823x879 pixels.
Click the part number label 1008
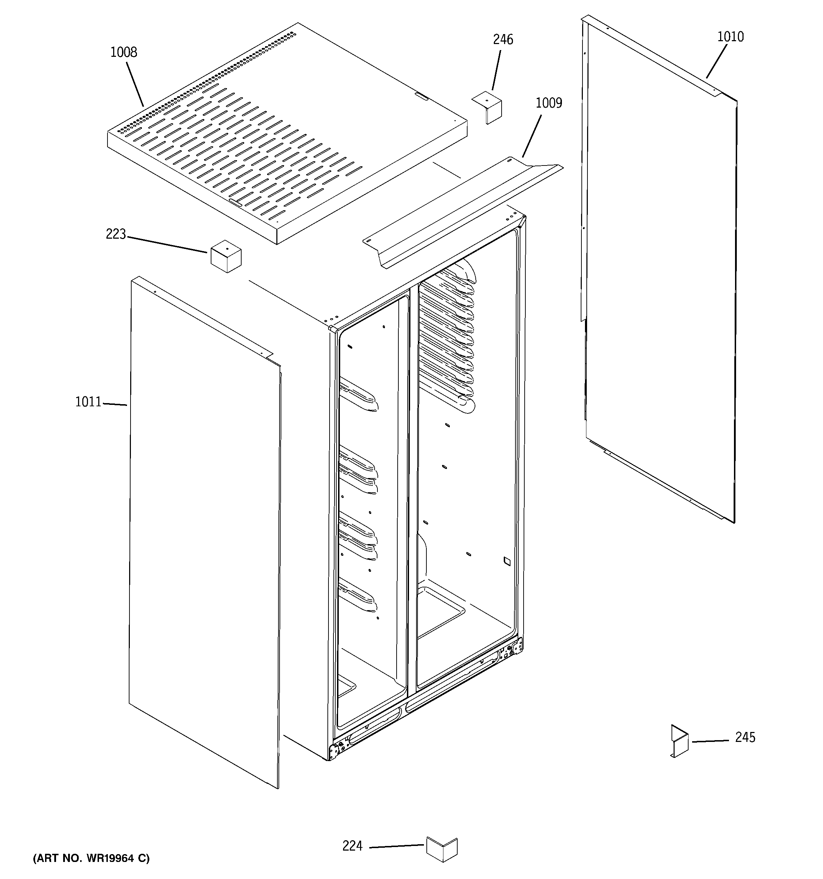pyautogui.click(x=124, y=52)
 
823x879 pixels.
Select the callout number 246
pyautogui.click(x=503, y=40)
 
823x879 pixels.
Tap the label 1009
pyautogui.click(x=549, y=103)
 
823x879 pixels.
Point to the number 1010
pyautogui.click(x=730, y=37)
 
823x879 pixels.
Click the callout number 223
pyautogui.click(x=116, y=234)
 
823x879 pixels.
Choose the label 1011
pyautogui.click(x=88, y=402)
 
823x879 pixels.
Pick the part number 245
pyautogui.click(x=745, y=737)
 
